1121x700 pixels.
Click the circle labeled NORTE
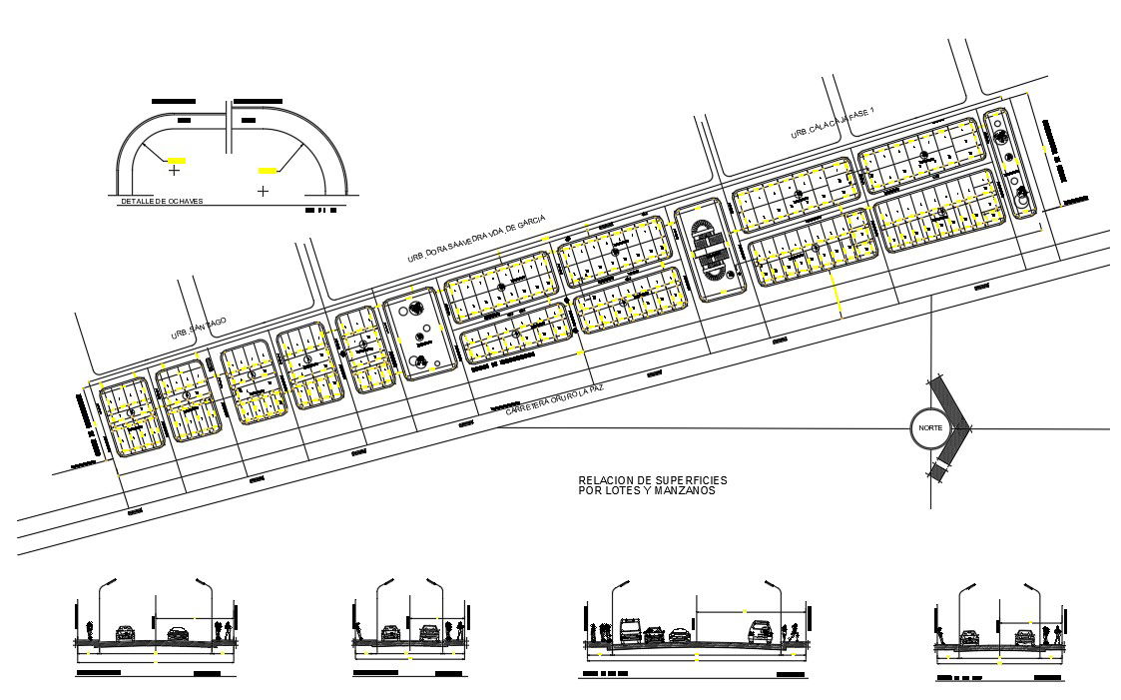coord(928,427)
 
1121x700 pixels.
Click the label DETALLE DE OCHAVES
coord(162,201)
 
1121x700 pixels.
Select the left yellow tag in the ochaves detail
coord(177,160)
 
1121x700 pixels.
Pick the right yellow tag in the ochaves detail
coord(268,171)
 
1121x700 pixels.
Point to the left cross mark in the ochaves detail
coord(174,171)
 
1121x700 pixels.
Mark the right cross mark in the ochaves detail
coord(263,190)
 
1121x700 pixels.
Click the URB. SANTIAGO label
coord(199,329)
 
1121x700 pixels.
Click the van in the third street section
coord(630,630)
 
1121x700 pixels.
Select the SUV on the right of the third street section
coord(761,631)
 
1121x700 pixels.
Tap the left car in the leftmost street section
coord(125,632)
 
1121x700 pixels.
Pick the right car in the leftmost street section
coord(177,632)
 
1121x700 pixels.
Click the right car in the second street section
coord(430,632)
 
